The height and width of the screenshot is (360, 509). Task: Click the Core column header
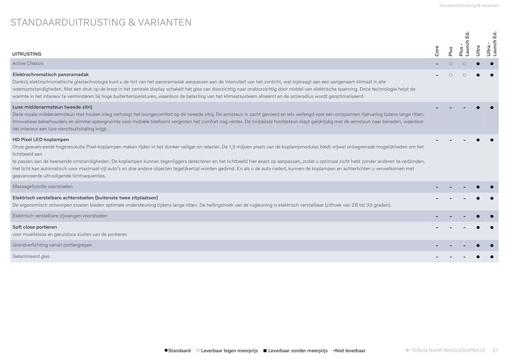tap(437, 50)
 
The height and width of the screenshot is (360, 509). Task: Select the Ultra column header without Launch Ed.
tap(478, 50)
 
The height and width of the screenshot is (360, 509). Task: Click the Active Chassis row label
tap(28, 63)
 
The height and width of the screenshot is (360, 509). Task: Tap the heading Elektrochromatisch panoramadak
tap(50, 75)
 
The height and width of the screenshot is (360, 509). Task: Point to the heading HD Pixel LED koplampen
tap(41, 139)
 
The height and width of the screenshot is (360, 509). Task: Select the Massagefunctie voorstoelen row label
tap(42, 186)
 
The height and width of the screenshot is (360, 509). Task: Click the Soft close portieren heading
tap(34, 227)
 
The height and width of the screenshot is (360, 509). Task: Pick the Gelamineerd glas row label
tap(31, 256)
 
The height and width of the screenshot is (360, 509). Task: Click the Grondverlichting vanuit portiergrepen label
tap(52, 245)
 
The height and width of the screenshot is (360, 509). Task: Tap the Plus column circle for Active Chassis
tap(450, 64)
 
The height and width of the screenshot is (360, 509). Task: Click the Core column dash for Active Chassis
tap(437, 64)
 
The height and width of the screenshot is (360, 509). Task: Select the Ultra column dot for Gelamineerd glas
tap(478, 257)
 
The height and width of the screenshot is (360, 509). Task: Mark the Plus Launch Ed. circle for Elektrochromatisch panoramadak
tap(464, 75)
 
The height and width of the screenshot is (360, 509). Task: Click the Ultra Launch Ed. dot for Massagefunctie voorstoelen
tap(492, 187)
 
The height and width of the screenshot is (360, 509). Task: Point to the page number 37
tap(495, 350)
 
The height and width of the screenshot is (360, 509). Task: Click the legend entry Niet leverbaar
tap(350, 350)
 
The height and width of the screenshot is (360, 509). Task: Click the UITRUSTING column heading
tap(27, 54)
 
